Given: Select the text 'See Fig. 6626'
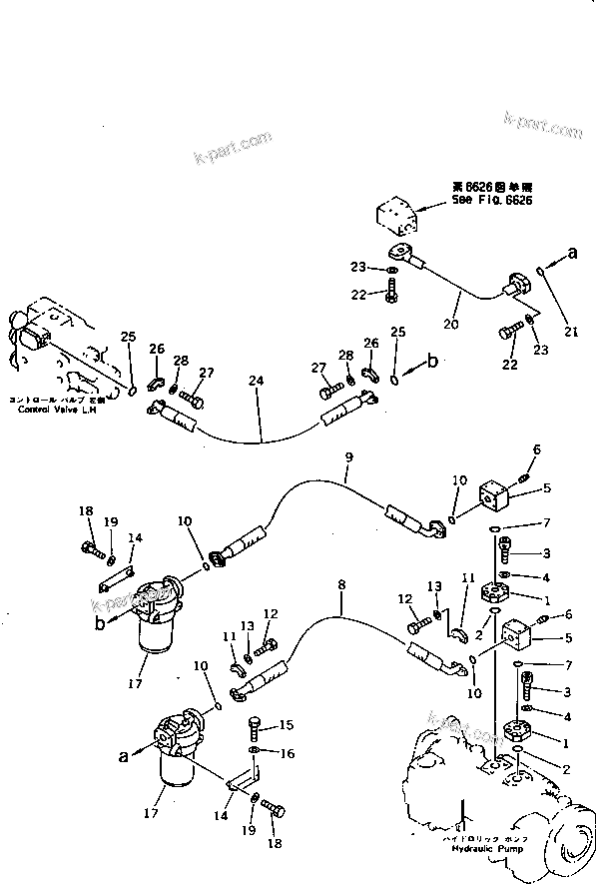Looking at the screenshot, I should (491, 199).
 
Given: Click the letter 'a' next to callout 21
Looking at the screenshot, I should (572, 255).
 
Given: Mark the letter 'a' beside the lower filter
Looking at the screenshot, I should (124, 757).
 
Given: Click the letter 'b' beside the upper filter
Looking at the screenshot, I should (100, 622).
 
